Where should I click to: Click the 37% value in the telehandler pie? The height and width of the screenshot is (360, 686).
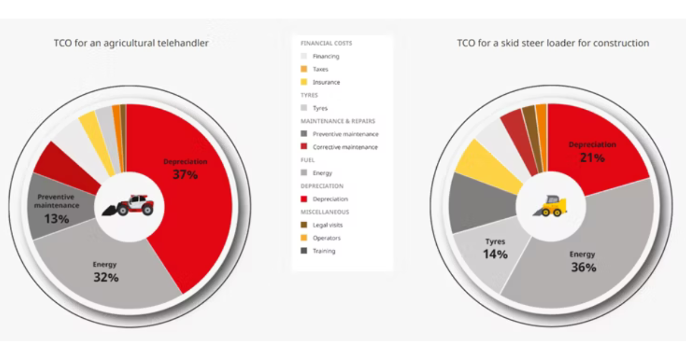pyautogui.click(x=185, y=175)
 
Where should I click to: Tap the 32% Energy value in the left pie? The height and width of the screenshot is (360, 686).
pyautogui.click(x=106, y=278)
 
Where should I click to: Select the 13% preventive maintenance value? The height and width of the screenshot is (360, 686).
pyautogui.click(x=56, y=218)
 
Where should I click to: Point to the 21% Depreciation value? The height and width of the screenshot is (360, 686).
pyautogui.click(x=592, y=158)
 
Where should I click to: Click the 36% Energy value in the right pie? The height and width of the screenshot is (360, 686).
pyautogui.click(x=583, y=267)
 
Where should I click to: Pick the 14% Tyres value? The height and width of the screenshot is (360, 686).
pyautogui.click(x=495, y=254)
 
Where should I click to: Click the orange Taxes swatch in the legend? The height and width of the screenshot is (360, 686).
pyautogui.click(x=304, y=69)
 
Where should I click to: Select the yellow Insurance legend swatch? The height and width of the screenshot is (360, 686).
pyautogui.click(x=304, y=82)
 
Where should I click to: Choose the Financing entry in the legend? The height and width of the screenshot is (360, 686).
pyautogui.click(x=325, y=56)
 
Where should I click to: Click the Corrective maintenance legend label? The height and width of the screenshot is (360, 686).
pyautogui.click(x=345, y=147)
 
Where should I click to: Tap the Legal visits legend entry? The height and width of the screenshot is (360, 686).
pyautogui.click(x=328, y=225)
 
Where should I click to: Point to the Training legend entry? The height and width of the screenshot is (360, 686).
pyautogui.click(x=324, y=251)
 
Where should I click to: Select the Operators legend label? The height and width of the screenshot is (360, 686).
pyautogui.click(x=326, y=238)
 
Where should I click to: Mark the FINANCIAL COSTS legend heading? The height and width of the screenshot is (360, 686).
pyautogui.click(x=326, y=43)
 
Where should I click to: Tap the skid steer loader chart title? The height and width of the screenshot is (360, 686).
pyautogui.click(x=552, y=43)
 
